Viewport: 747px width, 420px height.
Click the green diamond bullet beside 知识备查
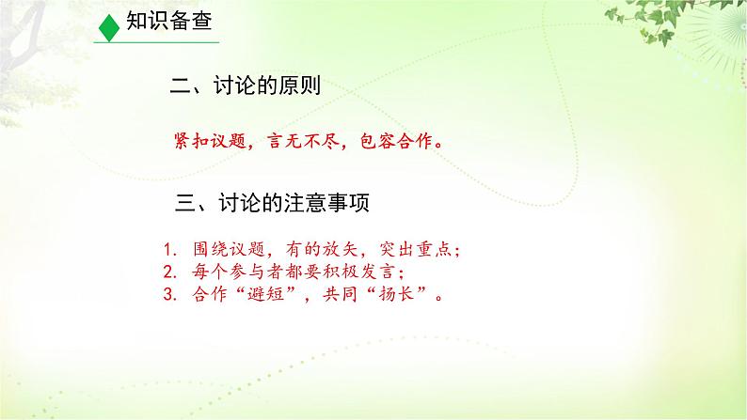click(x=108, y=27)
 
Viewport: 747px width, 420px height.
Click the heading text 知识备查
click(x=169, y=21)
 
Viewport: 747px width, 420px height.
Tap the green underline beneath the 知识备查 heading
click(x=156, y=42)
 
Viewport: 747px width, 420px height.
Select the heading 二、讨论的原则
click(x=246, y=86)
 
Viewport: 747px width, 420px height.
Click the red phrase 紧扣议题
click(x=210, y=141)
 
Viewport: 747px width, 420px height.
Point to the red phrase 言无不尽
click(x=304, y=141)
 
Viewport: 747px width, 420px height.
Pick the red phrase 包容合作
click(x=396, y=141)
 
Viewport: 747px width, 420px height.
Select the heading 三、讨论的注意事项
click(x=273, y=203)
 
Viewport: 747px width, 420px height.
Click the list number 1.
click(x=170, y=249)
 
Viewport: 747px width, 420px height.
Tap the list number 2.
click(x=170, y=272)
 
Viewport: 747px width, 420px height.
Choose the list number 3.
click(x=170, y=294)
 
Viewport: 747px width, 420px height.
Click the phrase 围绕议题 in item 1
click(x=230, y=249)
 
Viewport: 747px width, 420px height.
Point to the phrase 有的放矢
click(x=322, y=249)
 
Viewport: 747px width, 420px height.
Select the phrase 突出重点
click(x=416, y=249)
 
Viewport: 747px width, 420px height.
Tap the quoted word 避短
click(x=266, y=294)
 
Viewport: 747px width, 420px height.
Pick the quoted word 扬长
click(x=396, y=294)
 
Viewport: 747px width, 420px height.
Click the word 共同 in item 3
click(x=341, y=294)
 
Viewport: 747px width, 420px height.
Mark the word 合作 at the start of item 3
click(x=210, y=294)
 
